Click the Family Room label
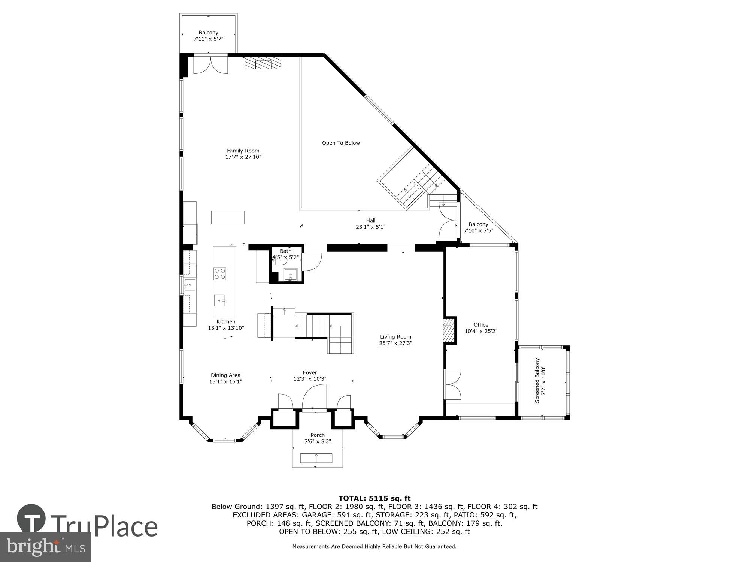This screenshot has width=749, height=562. [243, 151]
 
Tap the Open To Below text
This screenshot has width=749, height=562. [341, 143]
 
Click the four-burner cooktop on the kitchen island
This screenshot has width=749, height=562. [220, 274]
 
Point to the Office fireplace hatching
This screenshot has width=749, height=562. [448, 330]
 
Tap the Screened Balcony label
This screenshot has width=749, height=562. [537, 380]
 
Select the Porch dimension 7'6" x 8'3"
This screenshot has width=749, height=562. [318, 441]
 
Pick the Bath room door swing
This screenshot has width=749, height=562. [312, 262]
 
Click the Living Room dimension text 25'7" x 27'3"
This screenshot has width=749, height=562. [395, 343]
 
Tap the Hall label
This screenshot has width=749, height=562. [371, 220]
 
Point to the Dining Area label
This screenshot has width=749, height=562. [225, 375]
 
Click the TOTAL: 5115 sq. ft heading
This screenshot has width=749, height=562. [374, 498]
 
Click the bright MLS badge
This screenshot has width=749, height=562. [45, 547]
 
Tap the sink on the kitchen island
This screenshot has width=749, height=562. [219, 300]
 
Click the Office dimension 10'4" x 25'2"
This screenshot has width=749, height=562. [481, 331]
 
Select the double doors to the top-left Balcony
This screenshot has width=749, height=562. [210, 65]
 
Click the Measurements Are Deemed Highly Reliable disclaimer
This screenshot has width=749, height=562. [374, 547]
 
